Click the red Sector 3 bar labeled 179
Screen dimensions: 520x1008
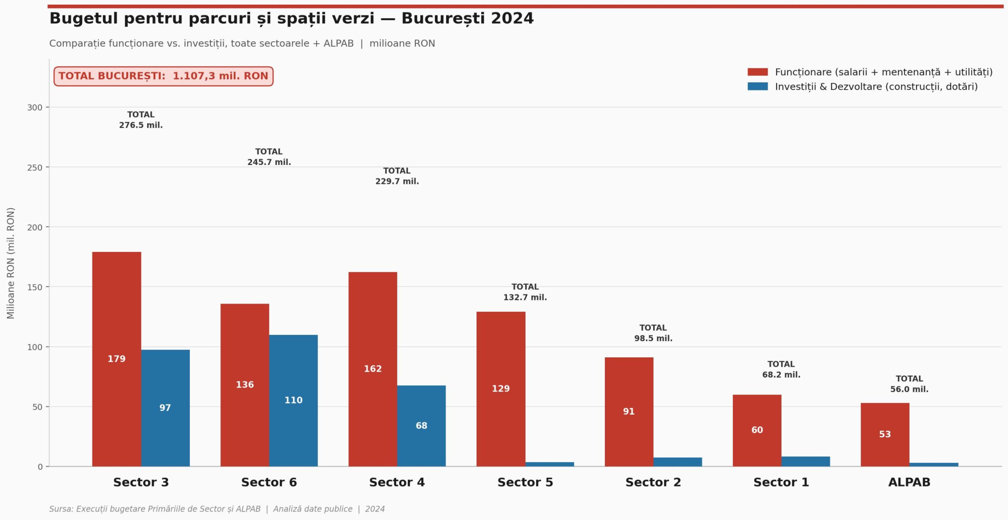[117, 359]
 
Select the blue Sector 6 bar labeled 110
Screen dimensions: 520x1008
[293, 400]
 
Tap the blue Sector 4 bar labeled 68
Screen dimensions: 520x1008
[421, 426]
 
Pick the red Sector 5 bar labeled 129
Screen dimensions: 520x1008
[501, 389]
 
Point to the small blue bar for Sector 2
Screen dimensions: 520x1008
[678, 462]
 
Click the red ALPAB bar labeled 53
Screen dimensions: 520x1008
[885, 434]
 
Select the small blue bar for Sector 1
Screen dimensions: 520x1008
[806, 461]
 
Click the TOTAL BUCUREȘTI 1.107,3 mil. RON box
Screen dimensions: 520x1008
[163, 76]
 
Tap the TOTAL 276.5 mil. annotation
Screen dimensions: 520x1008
[141, 120]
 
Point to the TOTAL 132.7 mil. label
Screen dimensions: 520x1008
[525, 292]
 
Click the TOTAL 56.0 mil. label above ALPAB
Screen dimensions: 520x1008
[909, 384]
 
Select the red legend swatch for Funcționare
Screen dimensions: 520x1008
[757, 72]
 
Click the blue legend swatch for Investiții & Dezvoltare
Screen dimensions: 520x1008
[757, 87]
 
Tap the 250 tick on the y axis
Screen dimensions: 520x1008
[35, 168]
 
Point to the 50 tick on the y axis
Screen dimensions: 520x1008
[37, 407]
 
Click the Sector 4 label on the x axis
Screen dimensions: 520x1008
[397, 482]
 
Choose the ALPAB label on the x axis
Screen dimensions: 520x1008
[909, 482]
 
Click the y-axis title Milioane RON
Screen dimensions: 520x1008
[11, 263]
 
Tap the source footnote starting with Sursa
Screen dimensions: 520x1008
[217, 509]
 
